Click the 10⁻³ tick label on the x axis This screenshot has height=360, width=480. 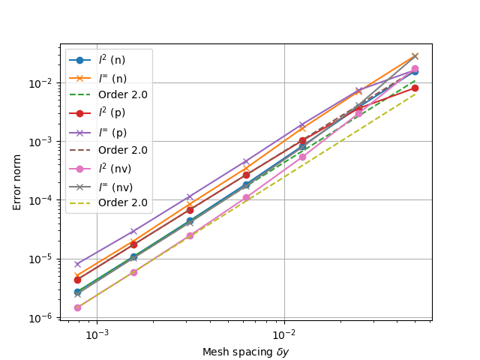pyautogui.click(x=97, y=334)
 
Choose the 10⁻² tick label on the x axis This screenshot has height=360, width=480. pyautogui.click(x=283, y=334)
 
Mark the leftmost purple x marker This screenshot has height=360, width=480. pyautogui.click(x=77, y=264)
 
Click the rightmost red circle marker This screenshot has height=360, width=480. pyautogui.click(x=415, y=88)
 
